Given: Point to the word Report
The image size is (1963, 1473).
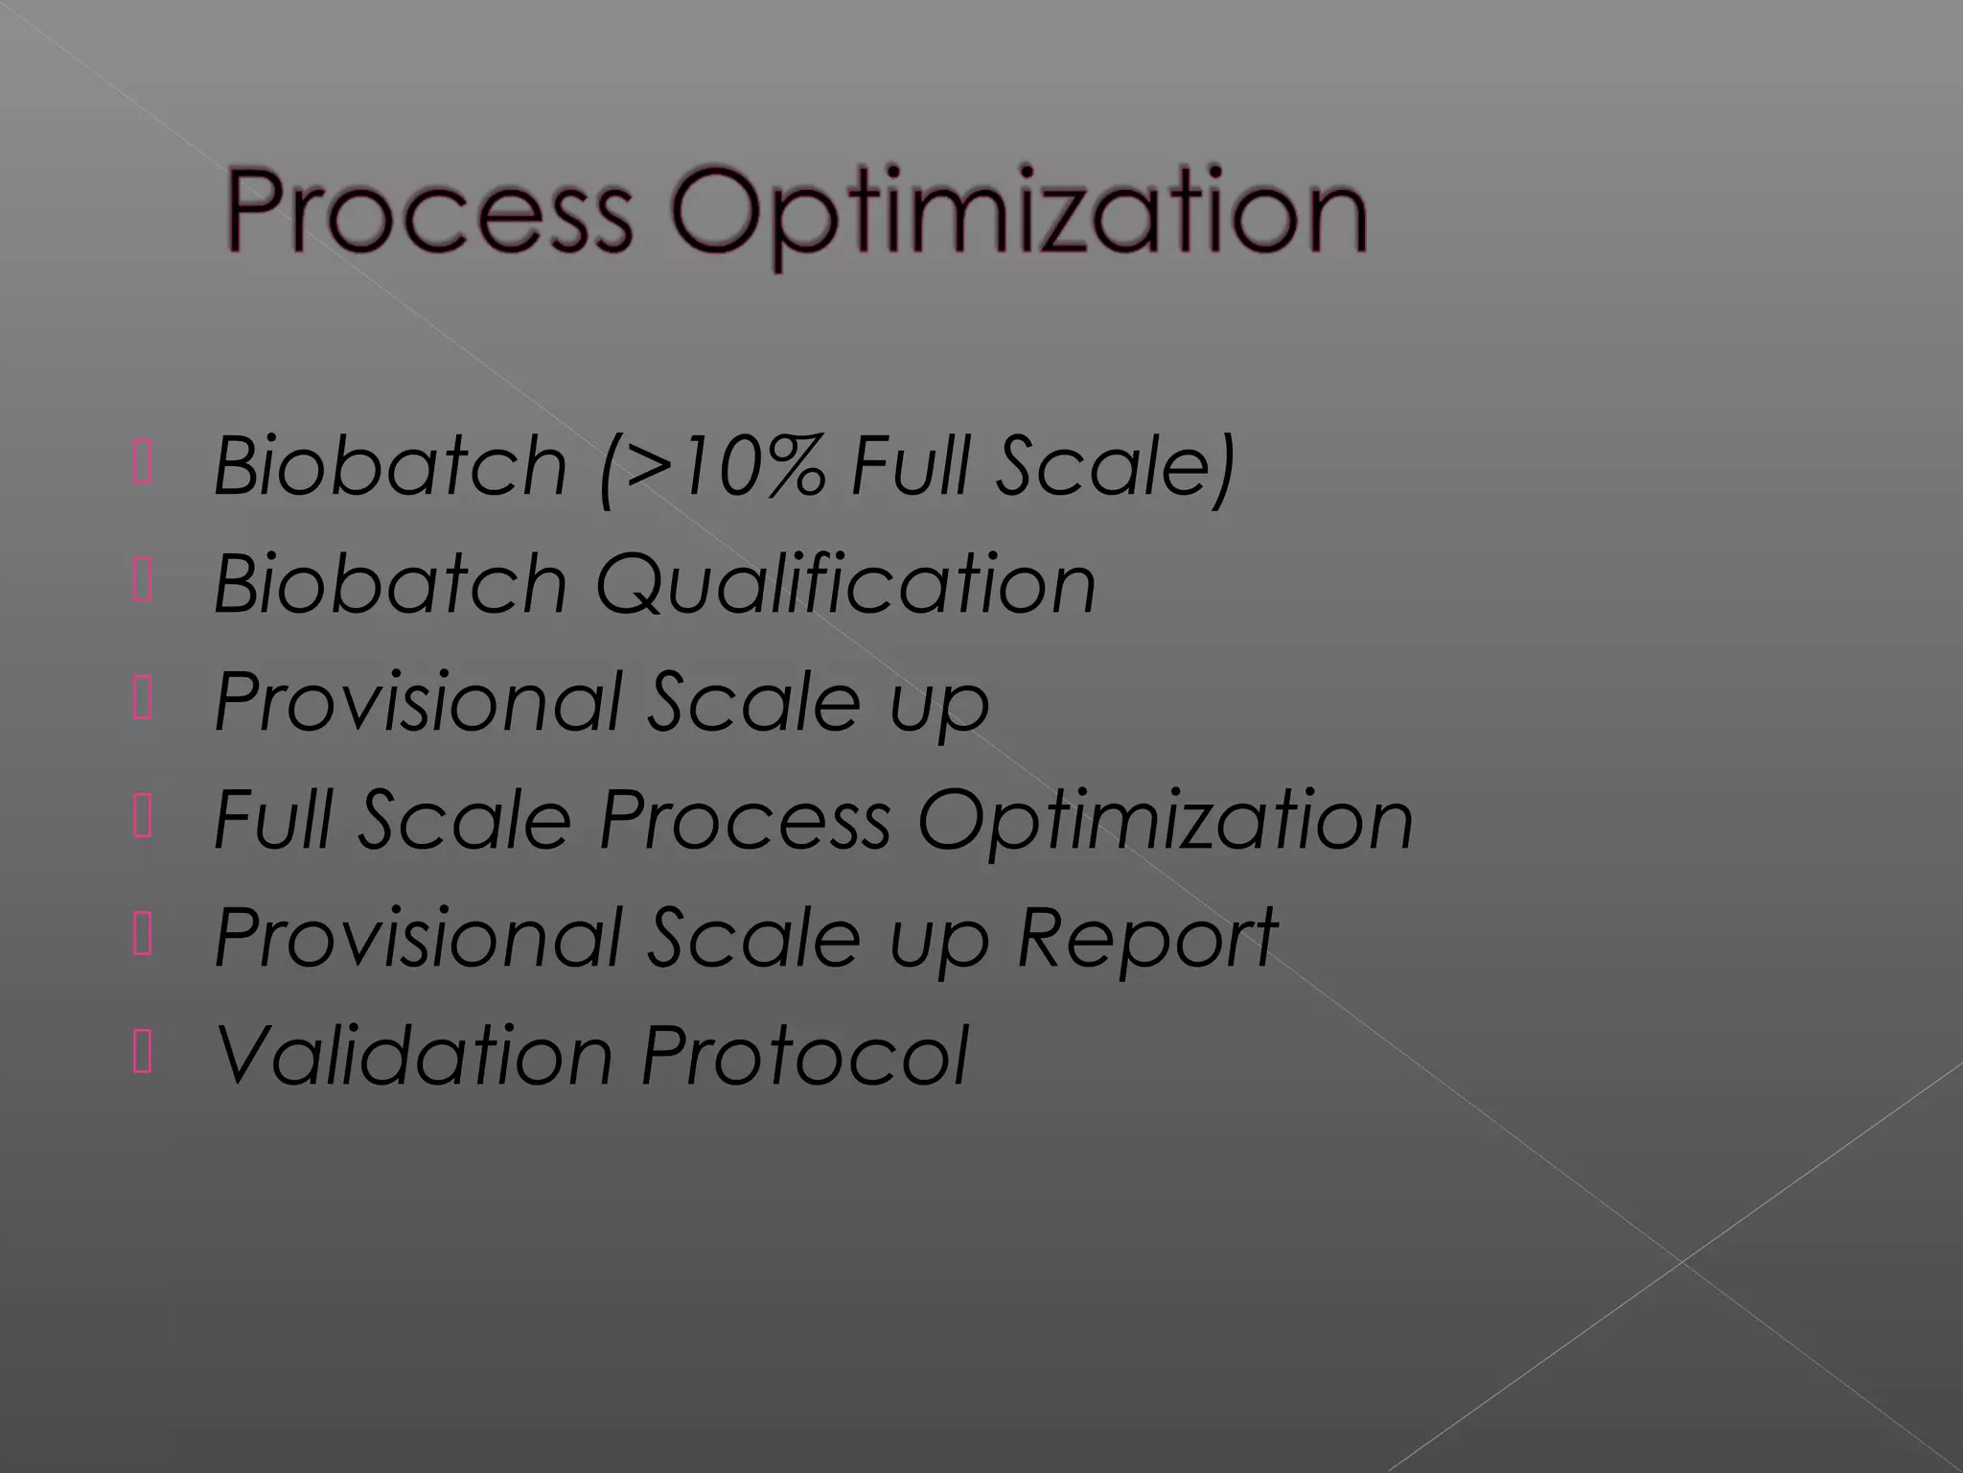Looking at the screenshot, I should (1146, 937).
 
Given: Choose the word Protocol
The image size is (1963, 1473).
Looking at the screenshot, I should (805, 1055).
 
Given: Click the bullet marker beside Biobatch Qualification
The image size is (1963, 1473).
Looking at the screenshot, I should (143, 583).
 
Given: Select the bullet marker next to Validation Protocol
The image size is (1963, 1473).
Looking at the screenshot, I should (143, 1055).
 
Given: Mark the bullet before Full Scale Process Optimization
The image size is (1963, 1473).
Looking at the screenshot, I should (143, 819).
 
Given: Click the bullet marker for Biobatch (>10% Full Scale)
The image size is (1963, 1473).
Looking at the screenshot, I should (143, 465).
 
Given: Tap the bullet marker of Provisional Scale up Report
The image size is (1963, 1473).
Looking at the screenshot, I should (143, 937).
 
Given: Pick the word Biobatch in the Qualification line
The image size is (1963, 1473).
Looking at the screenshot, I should (391, 584).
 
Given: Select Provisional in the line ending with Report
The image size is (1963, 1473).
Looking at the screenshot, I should (418, 937).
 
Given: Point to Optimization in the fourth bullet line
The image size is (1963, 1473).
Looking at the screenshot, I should (1166, 821).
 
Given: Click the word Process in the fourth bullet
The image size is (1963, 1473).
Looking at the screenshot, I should (745, 821).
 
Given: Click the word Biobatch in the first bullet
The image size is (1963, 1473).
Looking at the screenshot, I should (391, 466).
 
